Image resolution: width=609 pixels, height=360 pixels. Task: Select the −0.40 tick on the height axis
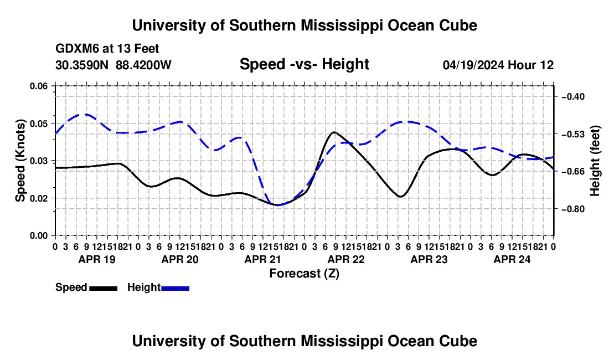pyautogui.click(x=573, y=96)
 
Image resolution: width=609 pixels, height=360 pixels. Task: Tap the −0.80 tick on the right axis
pyautogui.click(x=573, y=209)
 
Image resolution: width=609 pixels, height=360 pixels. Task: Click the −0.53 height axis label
pyautogui.click(x=573, y=134)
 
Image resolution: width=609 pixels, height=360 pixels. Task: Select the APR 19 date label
pyautogui.click(x=97, y=259)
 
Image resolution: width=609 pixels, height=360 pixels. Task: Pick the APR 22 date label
pyautogui.click(x=346, y=259)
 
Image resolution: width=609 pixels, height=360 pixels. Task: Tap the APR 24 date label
pyautogui.click(x=512, y=259)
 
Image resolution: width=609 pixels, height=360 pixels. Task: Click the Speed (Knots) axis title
pyautogui.click(x=20, y=161)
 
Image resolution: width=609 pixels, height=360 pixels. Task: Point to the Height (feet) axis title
pyautogui.click(x=595, y=161)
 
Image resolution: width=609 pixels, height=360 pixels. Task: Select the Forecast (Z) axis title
pyautogui.click(x=304, y=274)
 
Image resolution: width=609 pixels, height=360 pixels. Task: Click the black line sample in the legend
pyautogui.click(x=104, y=289)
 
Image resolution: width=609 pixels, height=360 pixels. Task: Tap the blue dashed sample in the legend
pyautogui.click(x=175, y=289)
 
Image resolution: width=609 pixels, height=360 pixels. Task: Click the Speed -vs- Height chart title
pyautogui.click(x=304, y=64)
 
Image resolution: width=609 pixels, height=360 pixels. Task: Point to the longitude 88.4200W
pyautogui.click(x=143, y=65)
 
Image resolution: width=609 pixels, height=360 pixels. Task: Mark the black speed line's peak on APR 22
pyautogui.click(x=334, y=132)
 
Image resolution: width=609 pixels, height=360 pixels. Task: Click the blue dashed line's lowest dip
pyautogui.click(x=278, y=205)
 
